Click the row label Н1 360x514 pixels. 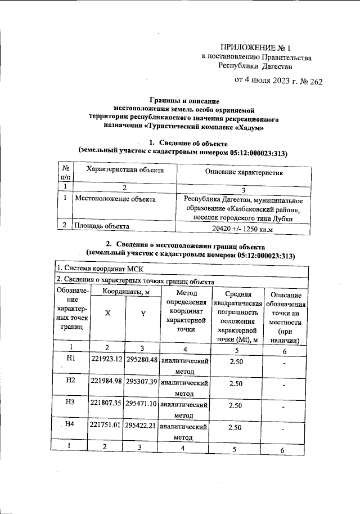pyautogui.click(x=70, y=357)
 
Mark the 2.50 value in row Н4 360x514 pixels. pyautogui.click(x=236, y=428)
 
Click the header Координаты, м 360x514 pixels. pyautogui.click(x=125, y=292)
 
